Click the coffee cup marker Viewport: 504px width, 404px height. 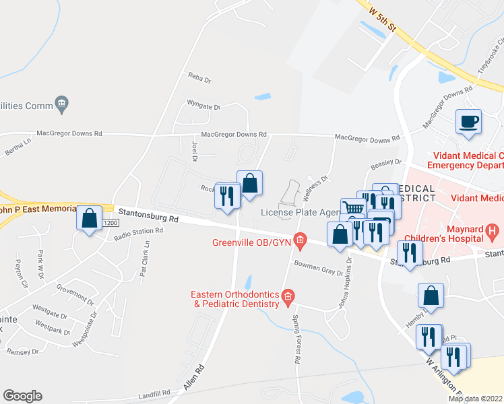click(x=468, y=122)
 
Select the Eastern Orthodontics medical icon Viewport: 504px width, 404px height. click(x=288, y=296)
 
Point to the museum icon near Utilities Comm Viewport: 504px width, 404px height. click(x=63, y=103)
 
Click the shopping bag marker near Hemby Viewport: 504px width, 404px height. click(x=431, y=296)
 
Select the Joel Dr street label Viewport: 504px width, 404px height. click(x=194, y=151)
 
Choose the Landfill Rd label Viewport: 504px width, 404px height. click(x=156, y=393)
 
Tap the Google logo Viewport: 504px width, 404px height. click(x=22, y=395)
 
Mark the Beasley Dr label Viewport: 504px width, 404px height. click(x=386, y=164)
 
